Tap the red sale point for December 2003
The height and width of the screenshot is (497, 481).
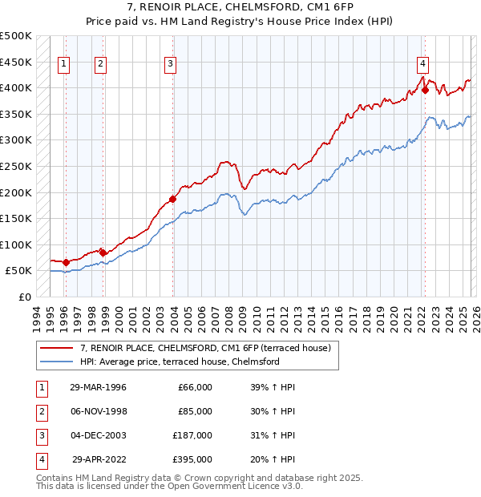click(x=172, y=199)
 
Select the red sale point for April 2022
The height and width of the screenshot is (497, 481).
click(x=425, y=91)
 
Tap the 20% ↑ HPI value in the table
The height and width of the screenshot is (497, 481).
click(x=273, y=459)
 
